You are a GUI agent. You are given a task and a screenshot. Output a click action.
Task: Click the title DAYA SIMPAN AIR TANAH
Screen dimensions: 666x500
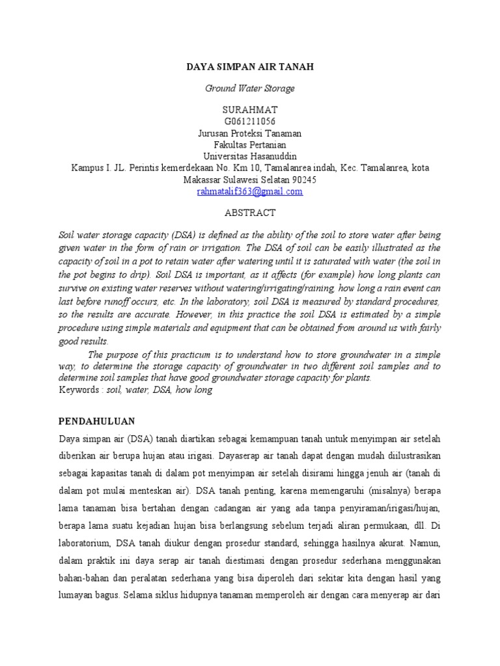[250, 67]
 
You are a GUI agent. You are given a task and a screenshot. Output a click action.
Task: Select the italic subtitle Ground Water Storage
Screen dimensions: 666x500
[250, 88]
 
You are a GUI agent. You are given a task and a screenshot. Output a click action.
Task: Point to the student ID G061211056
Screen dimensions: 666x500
[250, 121]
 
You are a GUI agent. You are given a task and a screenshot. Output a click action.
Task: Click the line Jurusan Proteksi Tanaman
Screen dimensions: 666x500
[250, 133]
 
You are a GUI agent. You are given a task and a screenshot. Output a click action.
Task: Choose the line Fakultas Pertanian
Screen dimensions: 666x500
[250, 144]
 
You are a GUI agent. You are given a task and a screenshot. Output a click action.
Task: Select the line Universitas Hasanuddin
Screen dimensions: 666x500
[250, 156]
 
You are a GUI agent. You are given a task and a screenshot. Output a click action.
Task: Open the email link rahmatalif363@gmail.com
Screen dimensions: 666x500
[250, 191]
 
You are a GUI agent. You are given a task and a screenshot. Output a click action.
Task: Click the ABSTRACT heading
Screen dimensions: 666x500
[250, 213]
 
